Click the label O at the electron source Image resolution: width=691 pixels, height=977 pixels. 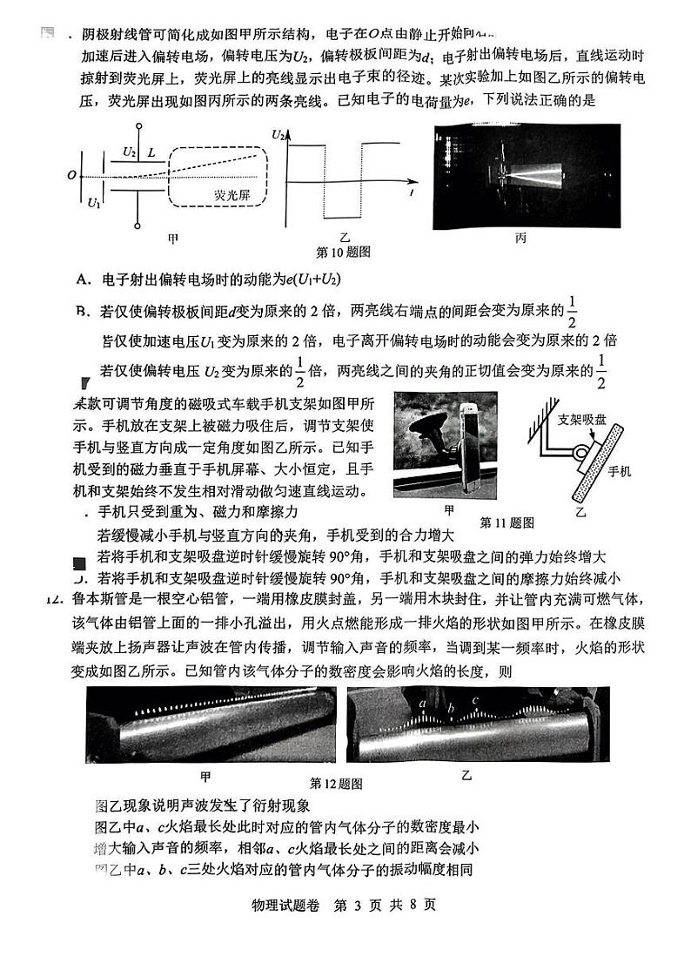pos(70,175)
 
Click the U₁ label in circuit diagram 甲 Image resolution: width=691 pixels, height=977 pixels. pos(94,203)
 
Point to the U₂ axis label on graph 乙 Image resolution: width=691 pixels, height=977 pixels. pos(278,135)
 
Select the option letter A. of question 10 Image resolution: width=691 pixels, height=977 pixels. pos(84,279)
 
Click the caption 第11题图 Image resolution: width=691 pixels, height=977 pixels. pos(507,522)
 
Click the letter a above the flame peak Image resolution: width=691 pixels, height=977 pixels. pos(422,702)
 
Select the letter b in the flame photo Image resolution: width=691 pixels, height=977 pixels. pos(450,708)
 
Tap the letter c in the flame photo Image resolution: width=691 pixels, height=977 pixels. pos(475,699)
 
